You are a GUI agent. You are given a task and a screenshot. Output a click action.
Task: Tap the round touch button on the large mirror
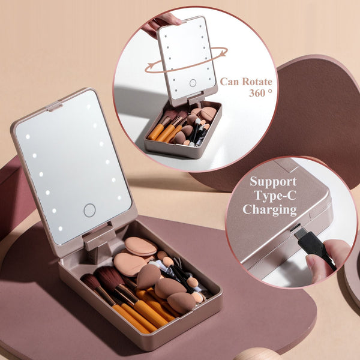pos(89,210)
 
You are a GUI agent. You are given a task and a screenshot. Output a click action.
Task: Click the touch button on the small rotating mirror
pos(193,83)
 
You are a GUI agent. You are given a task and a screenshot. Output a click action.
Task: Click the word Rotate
pos(254,82)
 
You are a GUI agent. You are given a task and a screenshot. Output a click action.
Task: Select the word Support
pos(273,181)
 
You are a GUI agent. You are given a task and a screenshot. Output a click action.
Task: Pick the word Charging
pos(269,210)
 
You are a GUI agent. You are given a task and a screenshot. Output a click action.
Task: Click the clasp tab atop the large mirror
pos(55,107)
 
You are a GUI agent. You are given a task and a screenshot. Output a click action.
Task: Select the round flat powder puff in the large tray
pos(140,246)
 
